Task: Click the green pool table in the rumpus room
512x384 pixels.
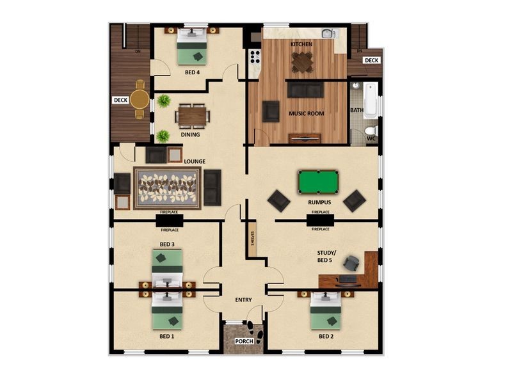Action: tap(318, 182)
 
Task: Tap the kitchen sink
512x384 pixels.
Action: tap(328, 33)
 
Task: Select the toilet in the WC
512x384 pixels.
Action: tap(371, 131)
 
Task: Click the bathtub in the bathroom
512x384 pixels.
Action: tap(371, 100)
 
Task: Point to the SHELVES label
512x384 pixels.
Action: tap(252, 238)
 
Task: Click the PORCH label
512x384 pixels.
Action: tap(244, 341)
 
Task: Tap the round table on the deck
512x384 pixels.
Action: tap(140, 99)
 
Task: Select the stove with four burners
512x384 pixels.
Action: tap(255, 57)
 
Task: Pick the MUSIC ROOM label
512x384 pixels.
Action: tap(307, 114)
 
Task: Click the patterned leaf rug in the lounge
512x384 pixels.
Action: tap(167, 188)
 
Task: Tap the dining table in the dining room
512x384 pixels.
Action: tap(193, 116)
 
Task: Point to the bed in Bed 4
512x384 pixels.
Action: tap(191, 46)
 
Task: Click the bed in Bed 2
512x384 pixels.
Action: tap(326, 311)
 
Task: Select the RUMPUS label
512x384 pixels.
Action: tap(319, 202)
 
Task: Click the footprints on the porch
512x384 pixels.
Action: tap(255, 332)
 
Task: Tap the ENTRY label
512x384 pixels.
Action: tap(243, 300)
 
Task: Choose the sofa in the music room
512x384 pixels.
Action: tap(305, 90)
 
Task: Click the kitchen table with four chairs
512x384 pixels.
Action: tap(302, 61)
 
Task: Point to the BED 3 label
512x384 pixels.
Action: tap(167, 244)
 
